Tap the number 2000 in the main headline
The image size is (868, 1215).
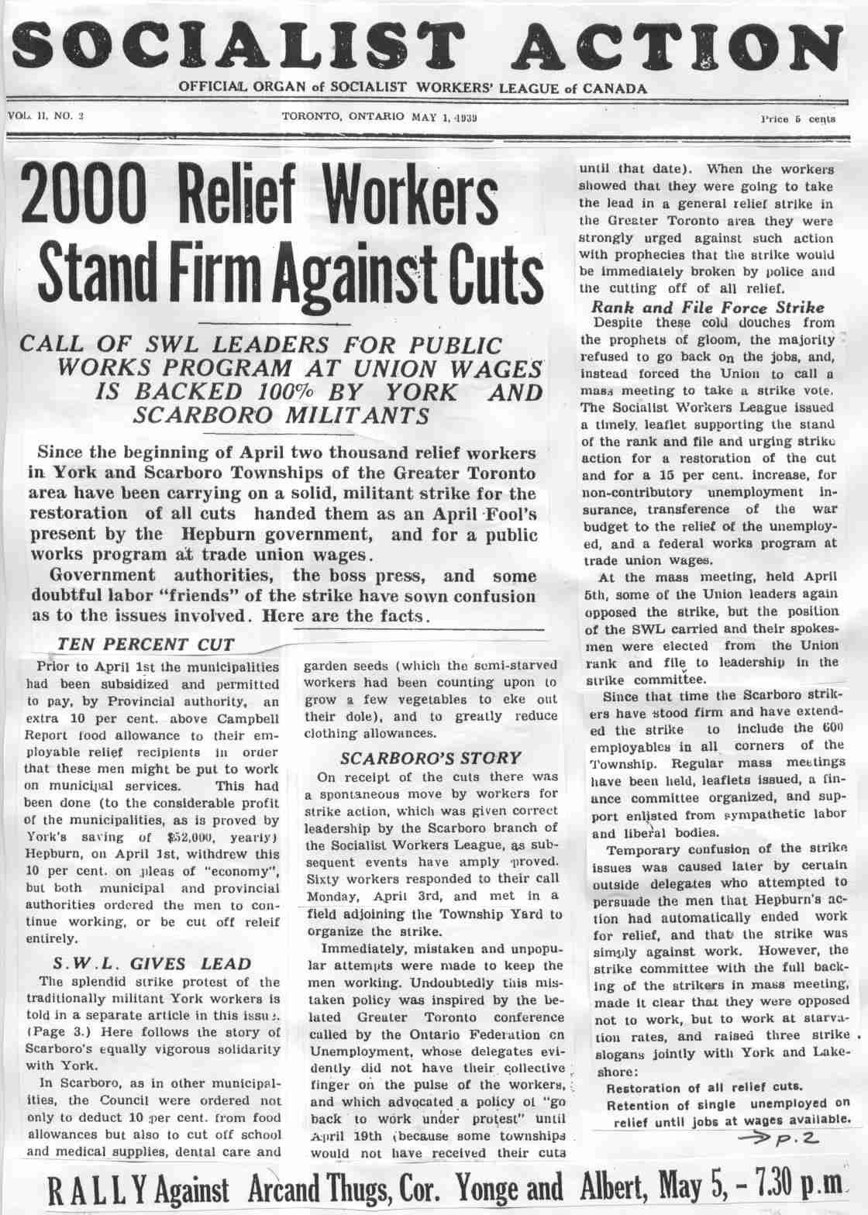coord(84,203)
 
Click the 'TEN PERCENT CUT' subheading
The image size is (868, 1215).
coord(146,644)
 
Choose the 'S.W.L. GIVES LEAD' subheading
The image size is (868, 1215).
coord(152,964)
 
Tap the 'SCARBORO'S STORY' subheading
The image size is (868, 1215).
coord(431,757)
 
